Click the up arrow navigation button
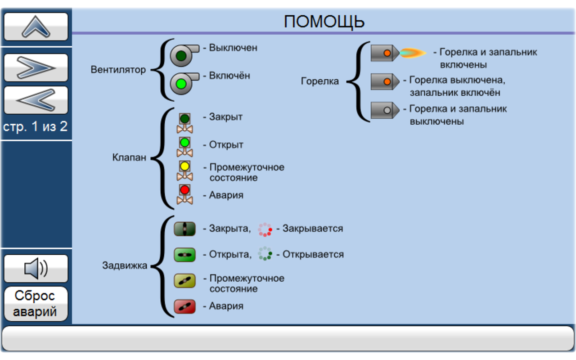(36, 27)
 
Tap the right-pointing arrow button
(36, 67)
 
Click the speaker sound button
(36, 269)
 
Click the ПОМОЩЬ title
(324, 22)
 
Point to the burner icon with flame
(398, 53)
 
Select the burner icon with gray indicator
(385, 110)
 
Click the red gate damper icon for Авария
(184, 306)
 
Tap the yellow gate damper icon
(184, 281)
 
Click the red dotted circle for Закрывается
(265, 229)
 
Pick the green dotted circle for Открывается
(265, 254)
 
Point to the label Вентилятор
(118, 70)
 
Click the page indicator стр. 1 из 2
(36, 127)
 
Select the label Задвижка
(125, 265)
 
